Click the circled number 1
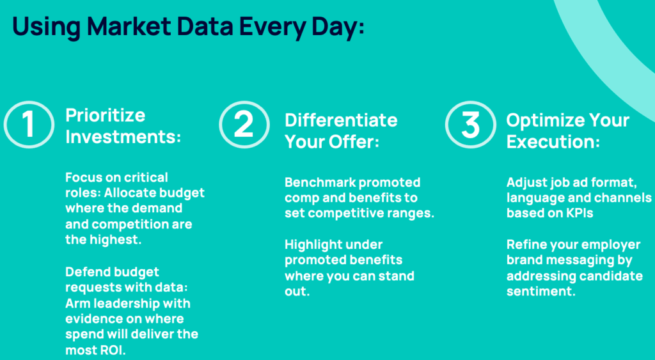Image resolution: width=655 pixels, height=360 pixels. coord(29,125)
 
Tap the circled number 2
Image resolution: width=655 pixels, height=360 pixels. coord(244,125)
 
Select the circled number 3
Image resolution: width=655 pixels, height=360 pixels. coord(471,125)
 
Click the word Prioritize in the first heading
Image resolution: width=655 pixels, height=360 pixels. coord(106,115)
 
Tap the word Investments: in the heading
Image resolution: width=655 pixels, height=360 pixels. coord(123,137)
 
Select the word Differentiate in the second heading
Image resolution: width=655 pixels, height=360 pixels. coord(341,120)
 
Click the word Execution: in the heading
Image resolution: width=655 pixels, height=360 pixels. coord(553,141)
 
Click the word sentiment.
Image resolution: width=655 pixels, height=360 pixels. coord(541,291)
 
